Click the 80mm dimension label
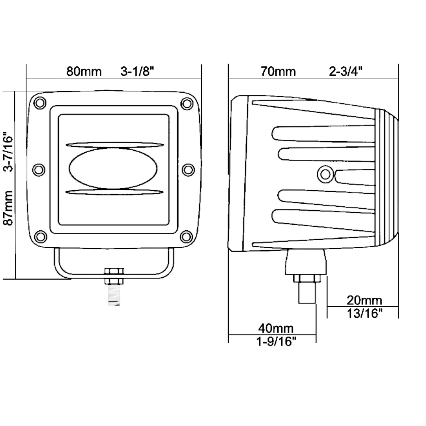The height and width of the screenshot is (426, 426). click(x=84, y=71)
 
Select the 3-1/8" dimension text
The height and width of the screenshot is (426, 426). click(x=138, y=71)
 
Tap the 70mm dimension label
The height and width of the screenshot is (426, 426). click(x=278, y=71)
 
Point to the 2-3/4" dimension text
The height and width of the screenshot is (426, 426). click(x=346, y=71)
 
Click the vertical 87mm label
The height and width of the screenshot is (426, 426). click(x=8, y=208)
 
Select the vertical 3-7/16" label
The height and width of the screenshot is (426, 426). click(x=8, y=152)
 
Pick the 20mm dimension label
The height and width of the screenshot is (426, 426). click(x=364, y=301)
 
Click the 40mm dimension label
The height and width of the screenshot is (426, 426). click(x=276, y=329)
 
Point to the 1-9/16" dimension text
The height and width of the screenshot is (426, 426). click(x=276, y=342)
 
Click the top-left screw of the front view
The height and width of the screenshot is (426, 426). click(x=40, y=103)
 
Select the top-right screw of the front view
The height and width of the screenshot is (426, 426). click(x=187, y=103)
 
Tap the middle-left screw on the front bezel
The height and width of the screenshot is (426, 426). click(x=39, y=170)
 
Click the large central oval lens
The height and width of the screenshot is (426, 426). click(x=113, y=168)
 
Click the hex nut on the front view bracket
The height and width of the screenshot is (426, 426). click(x=114, y=276)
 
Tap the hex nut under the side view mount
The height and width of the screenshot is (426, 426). click(x=307, y=278)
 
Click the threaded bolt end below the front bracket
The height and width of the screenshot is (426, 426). click(x=114, y=295)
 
